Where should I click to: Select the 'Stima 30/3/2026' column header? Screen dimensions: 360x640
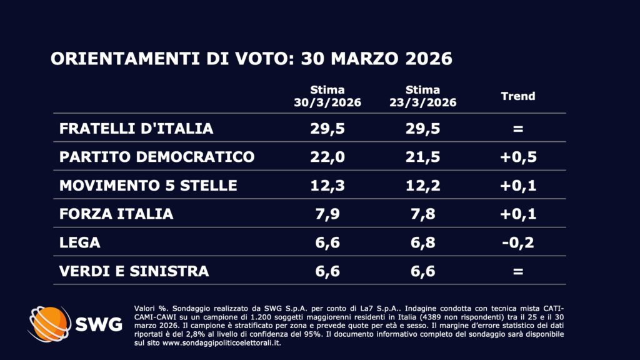point(327,97)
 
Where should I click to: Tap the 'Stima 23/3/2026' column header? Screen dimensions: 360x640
point(422,97)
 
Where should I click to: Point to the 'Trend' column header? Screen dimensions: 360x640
point(518,96)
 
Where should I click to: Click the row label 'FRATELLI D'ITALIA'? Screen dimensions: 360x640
point(136,129)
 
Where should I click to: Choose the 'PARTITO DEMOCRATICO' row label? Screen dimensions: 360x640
point(157,157)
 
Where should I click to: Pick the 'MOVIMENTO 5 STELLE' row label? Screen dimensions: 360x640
point(148,186)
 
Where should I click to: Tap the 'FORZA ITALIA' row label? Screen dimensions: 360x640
point(116,214)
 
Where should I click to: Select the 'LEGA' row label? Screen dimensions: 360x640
point(80,242)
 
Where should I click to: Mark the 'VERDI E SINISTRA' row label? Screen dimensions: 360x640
point(134,271)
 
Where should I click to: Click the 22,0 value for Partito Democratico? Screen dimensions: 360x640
point(327,157)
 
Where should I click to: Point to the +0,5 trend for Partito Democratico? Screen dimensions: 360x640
point(518,157)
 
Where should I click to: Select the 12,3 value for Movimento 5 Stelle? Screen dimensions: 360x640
point(327,186)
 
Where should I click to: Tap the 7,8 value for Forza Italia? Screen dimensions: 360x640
point(422,214)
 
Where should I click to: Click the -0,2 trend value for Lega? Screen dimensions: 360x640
point(518,242)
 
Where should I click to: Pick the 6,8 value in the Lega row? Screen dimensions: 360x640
point(422,242)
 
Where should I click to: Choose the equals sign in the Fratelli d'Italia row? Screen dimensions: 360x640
point(518,129)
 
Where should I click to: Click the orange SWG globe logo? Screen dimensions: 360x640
point(49,324)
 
